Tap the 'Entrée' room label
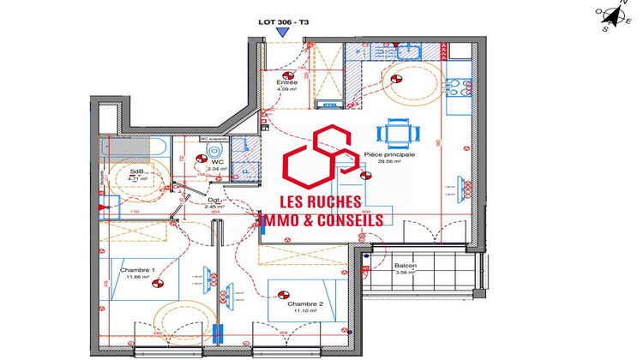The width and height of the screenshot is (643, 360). click(286, 82)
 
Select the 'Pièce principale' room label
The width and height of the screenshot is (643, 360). click(389, 154)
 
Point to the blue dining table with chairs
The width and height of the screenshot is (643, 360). click(400, 133)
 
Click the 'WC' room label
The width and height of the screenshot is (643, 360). click(218, 161)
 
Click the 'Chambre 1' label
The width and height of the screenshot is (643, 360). click(137, 270)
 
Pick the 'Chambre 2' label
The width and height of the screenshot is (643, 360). click(304, 304)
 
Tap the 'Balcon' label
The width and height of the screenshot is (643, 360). click(406, 266)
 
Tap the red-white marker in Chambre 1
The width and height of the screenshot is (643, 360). click(157, 278)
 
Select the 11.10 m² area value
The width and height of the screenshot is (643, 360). click(304, 313)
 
